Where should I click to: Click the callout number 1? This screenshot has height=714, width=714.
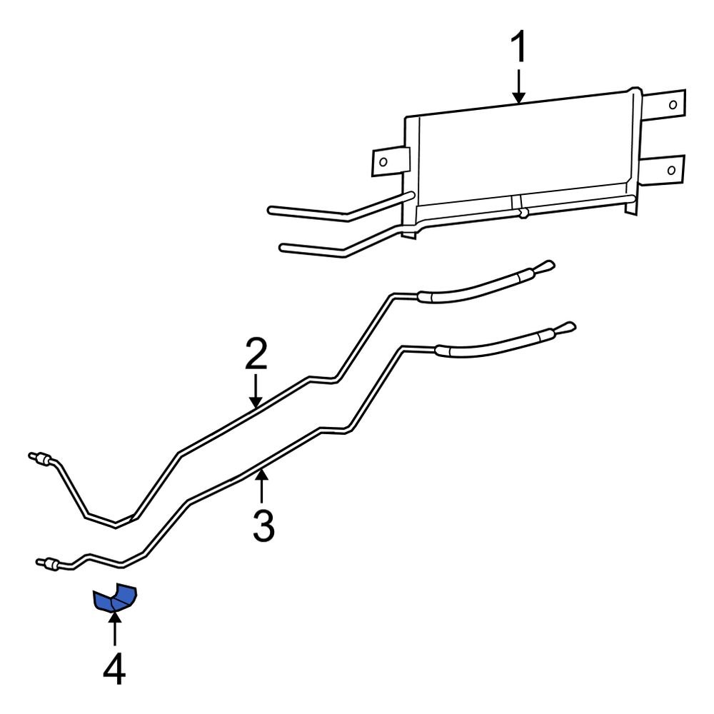[x=519, y=49]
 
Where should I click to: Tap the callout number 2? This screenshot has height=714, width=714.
[x=256, y=356]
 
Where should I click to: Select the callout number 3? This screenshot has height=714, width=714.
[x=263, y=526]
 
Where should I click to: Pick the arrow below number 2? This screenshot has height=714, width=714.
[x=256, y=393]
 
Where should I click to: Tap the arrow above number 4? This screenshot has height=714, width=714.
[x=114, y=628]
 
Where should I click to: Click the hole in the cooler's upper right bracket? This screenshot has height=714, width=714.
[x=673, y=104]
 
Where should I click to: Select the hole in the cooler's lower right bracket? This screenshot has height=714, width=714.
[x=671, y=169]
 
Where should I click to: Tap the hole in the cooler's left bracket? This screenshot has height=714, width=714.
[x=383, y=161]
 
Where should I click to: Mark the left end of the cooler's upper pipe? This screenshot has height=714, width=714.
[x=271, y=210]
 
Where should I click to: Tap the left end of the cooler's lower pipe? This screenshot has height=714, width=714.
[x=283, y=248]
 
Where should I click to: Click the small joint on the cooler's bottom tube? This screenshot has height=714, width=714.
[x=523, y=212]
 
